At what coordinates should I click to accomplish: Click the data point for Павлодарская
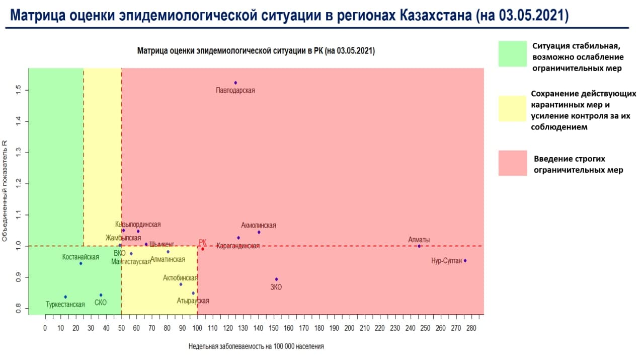click(235, 83)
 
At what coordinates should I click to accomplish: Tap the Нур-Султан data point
click(465, 260)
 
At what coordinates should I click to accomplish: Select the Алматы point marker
click(419, 246)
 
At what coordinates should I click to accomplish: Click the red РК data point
click(203, 249)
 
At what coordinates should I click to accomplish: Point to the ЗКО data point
click(276, 279)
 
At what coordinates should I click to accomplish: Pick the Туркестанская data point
click(65, 297)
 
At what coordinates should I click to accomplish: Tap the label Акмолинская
click(259, 226)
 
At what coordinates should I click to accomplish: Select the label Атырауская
click(193, 301)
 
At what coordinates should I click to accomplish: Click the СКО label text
click(101, 304)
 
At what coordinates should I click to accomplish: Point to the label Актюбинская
click(180, 277)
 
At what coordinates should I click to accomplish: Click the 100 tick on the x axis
click(197, 328)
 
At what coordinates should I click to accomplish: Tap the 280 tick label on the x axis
click(471, 328)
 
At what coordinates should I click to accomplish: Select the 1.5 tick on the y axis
click(19, 90)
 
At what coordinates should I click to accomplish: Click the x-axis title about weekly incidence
click(256, 346)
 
